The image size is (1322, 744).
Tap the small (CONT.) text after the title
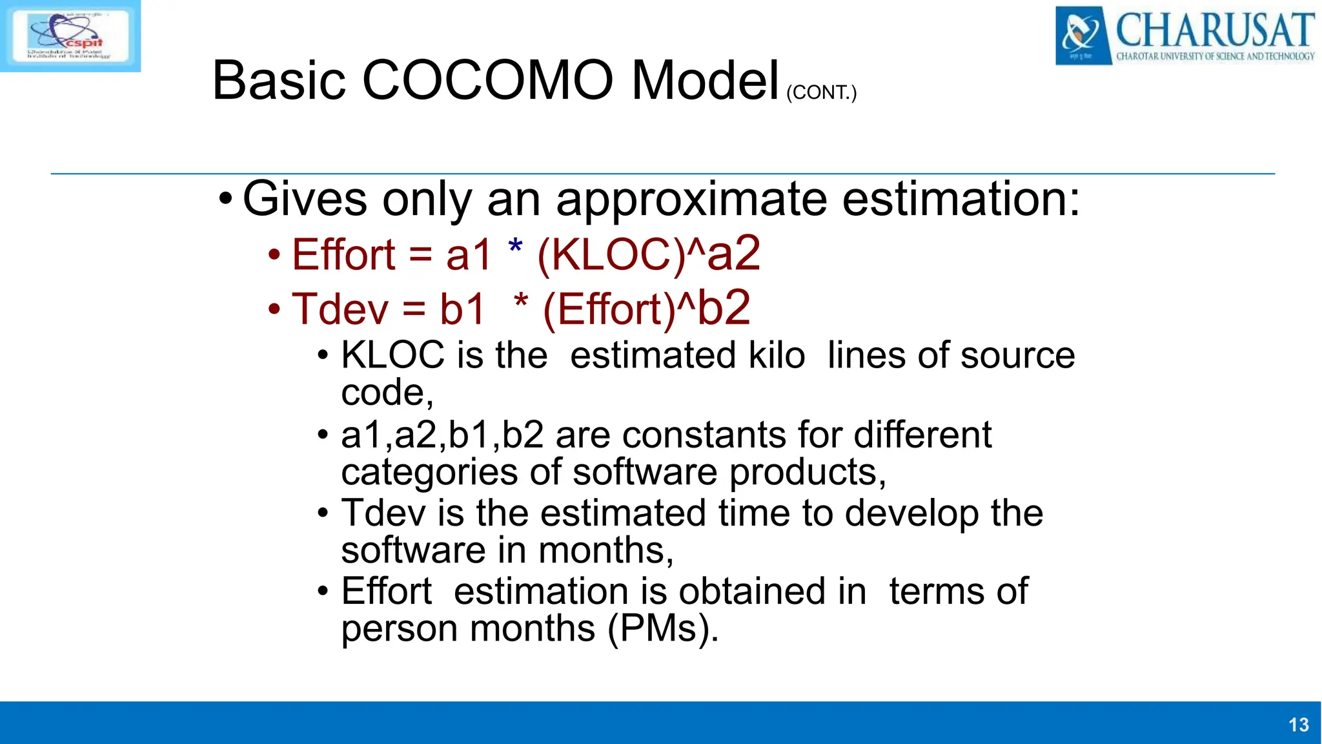[821, 92]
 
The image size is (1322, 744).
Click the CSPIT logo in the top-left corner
[70, 36]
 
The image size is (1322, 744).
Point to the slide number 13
[1298, 725]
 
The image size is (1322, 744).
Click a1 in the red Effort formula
[469, 254]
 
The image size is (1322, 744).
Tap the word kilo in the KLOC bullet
[777, 355]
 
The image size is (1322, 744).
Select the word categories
[429, 472]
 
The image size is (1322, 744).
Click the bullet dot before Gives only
[224, 199]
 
